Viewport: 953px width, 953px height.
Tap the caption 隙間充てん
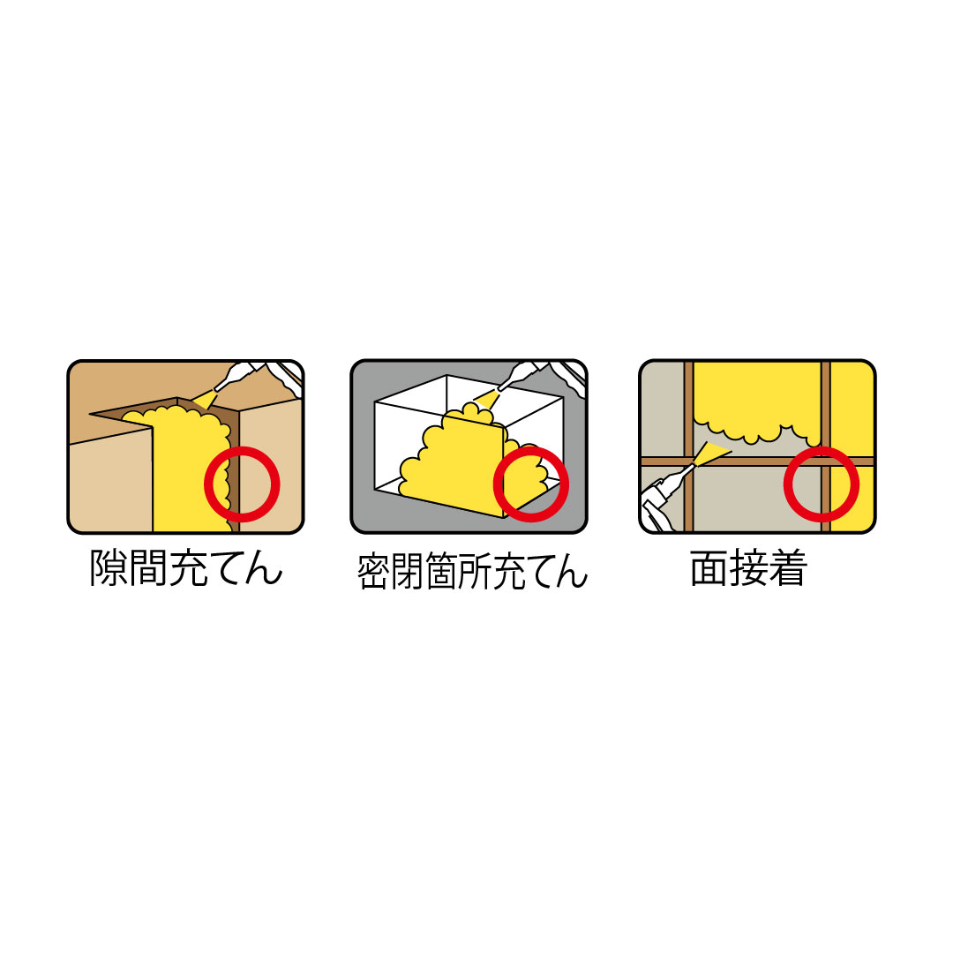pos(186,568)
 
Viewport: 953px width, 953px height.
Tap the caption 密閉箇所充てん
pos(471,571)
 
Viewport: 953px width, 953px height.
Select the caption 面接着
pos(749,568)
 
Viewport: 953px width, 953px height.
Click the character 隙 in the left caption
pos(109,568)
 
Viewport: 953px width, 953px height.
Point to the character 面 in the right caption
pos(709,568)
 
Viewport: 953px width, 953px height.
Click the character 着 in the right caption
pos(788,568)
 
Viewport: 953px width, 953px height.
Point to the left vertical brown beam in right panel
pos(688,446)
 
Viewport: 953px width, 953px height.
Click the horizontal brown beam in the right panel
pos(757,461)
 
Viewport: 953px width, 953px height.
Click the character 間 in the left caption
pos(147,568)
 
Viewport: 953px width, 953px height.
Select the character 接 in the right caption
pos(749,568)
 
